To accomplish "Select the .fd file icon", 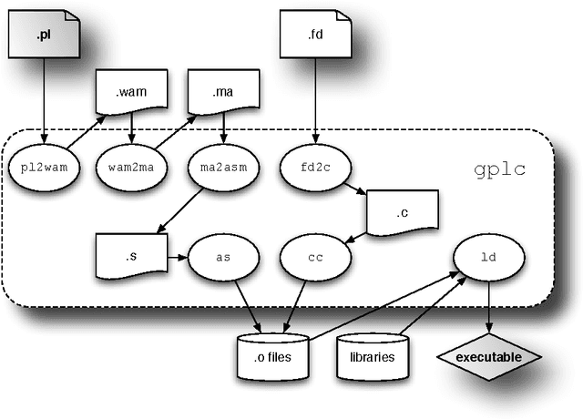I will (x=315, y=37).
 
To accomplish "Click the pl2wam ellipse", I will (x=44, y=167).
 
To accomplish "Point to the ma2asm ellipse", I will (x=223, y=167).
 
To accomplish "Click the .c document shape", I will (x=402, y=213).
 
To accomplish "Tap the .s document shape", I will (x=130, y=255).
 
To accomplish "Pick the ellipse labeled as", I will (x=222, y=258).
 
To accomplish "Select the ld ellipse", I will (x=489, y=258).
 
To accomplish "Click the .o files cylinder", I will (x=272, y=354).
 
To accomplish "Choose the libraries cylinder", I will (x=373, y=354).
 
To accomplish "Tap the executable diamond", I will (x=489, y=356).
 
